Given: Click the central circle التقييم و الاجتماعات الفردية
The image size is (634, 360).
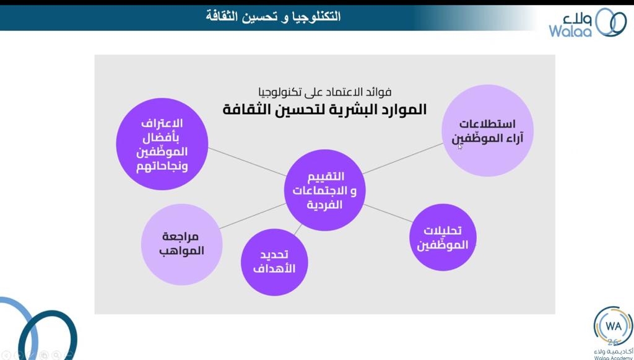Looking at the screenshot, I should pyautogui.click(x=324, y=190).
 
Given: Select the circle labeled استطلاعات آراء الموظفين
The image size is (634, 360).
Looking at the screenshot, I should pyautogui.click(x=488, y=131).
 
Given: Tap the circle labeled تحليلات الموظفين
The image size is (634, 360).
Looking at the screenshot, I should pyautogui.click(x=443, y=238).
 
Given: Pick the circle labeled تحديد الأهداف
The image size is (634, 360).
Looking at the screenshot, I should pyautogui.click(x=274, y=262).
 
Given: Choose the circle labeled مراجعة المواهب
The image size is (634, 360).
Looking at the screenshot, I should pyautogui.click(x=182, y=244).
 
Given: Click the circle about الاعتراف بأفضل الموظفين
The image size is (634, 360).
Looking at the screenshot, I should pyautogui.click(x=162, y=144).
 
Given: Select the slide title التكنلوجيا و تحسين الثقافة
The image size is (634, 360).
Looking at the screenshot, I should pyautogui.click(x=273, y=16).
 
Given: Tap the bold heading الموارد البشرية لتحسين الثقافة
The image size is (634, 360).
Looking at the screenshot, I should pyautogui.click(x=324, y=110).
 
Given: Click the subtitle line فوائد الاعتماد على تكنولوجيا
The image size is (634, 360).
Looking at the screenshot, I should pyautogui.click(x=324, y=93).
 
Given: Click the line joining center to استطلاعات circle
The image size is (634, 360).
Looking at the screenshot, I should pyautogui.click(x=402, y=158).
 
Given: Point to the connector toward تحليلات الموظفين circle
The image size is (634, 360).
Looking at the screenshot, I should pyautogui.click(x=388, y=213).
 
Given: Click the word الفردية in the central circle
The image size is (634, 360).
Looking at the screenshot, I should pyautogui.click(x=324, y=204).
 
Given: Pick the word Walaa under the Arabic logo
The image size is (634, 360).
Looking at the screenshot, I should pyautogui.click(x=570, y=30).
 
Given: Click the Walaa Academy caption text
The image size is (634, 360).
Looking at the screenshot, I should pyautogui.click(x=613, y=357).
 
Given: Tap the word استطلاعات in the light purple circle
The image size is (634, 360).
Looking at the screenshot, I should pyautogui.click(x=488, y=123).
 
